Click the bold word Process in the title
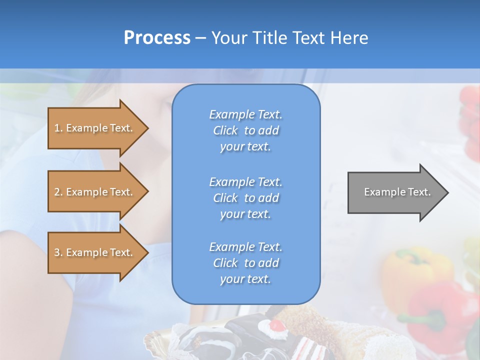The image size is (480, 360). click(x=157, y=38)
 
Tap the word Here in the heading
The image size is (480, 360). click(x=348, y=38)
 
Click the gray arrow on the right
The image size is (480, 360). click(x=395, y=192)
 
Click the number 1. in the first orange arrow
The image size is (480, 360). click(x=58, y=128)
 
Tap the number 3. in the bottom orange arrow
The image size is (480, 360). click(x=58, y=252)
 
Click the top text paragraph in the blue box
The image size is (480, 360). click(x=245, y=130)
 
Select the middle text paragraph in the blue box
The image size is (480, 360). click(x=245, y=198)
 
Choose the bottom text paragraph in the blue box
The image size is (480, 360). click(x=245, y=263)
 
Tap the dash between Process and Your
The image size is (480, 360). click(x=200, y=38)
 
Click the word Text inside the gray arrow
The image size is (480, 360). click(x=419, y=192)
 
